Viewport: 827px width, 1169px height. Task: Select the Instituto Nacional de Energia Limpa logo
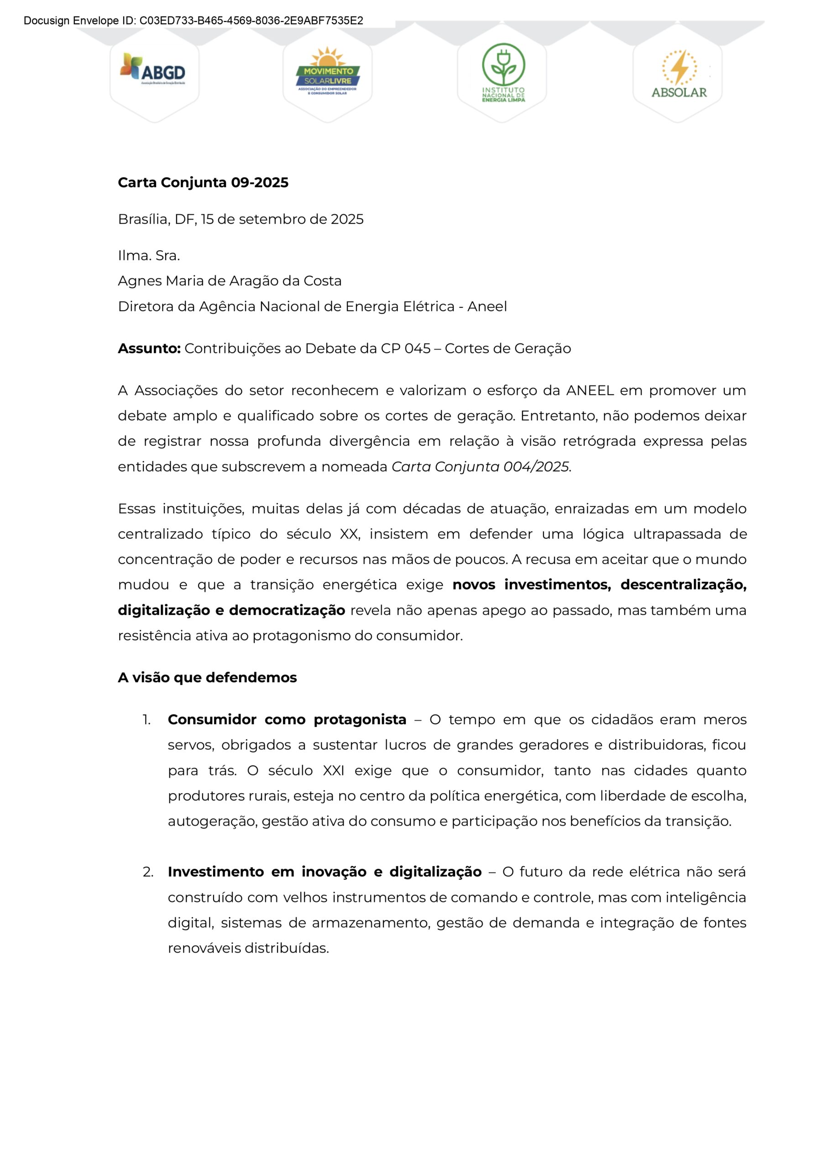pyautogui.click(x=503, y=72)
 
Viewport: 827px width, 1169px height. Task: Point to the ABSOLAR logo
pyautogui.click(x=679, y=74)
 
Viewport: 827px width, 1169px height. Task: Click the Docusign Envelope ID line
pyautogui.click(x=194, y=21)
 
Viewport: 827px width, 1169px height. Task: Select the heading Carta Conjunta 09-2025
pyautogui.click(x=203, y=182)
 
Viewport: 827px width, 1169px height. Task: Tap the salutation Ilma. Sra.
pyautogui.click(x=149, y=255)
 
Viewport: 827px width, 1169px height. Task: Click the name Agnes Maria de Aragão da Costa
pyautogui.click(x=230, y=281)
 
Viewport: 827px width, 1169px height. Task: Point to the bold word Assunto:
pyautogui.click(x=149, y=348)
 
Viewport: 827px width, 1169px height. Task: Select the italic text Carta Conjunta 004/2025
pyautogui.click(x=480, y=467)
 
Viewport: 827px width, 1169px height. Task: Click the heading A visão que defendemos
pyautogui.click(x=207, y=678)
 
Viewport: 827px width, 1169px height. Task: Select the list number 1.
pyautogui.click(x=146, y=720)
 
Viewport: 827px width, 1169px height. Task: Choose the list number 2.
pyautogui.click(x=148, y=872)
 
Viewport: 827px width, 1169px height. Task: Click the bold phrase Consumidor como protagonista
pyautogui.click(x=287, y=720)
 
